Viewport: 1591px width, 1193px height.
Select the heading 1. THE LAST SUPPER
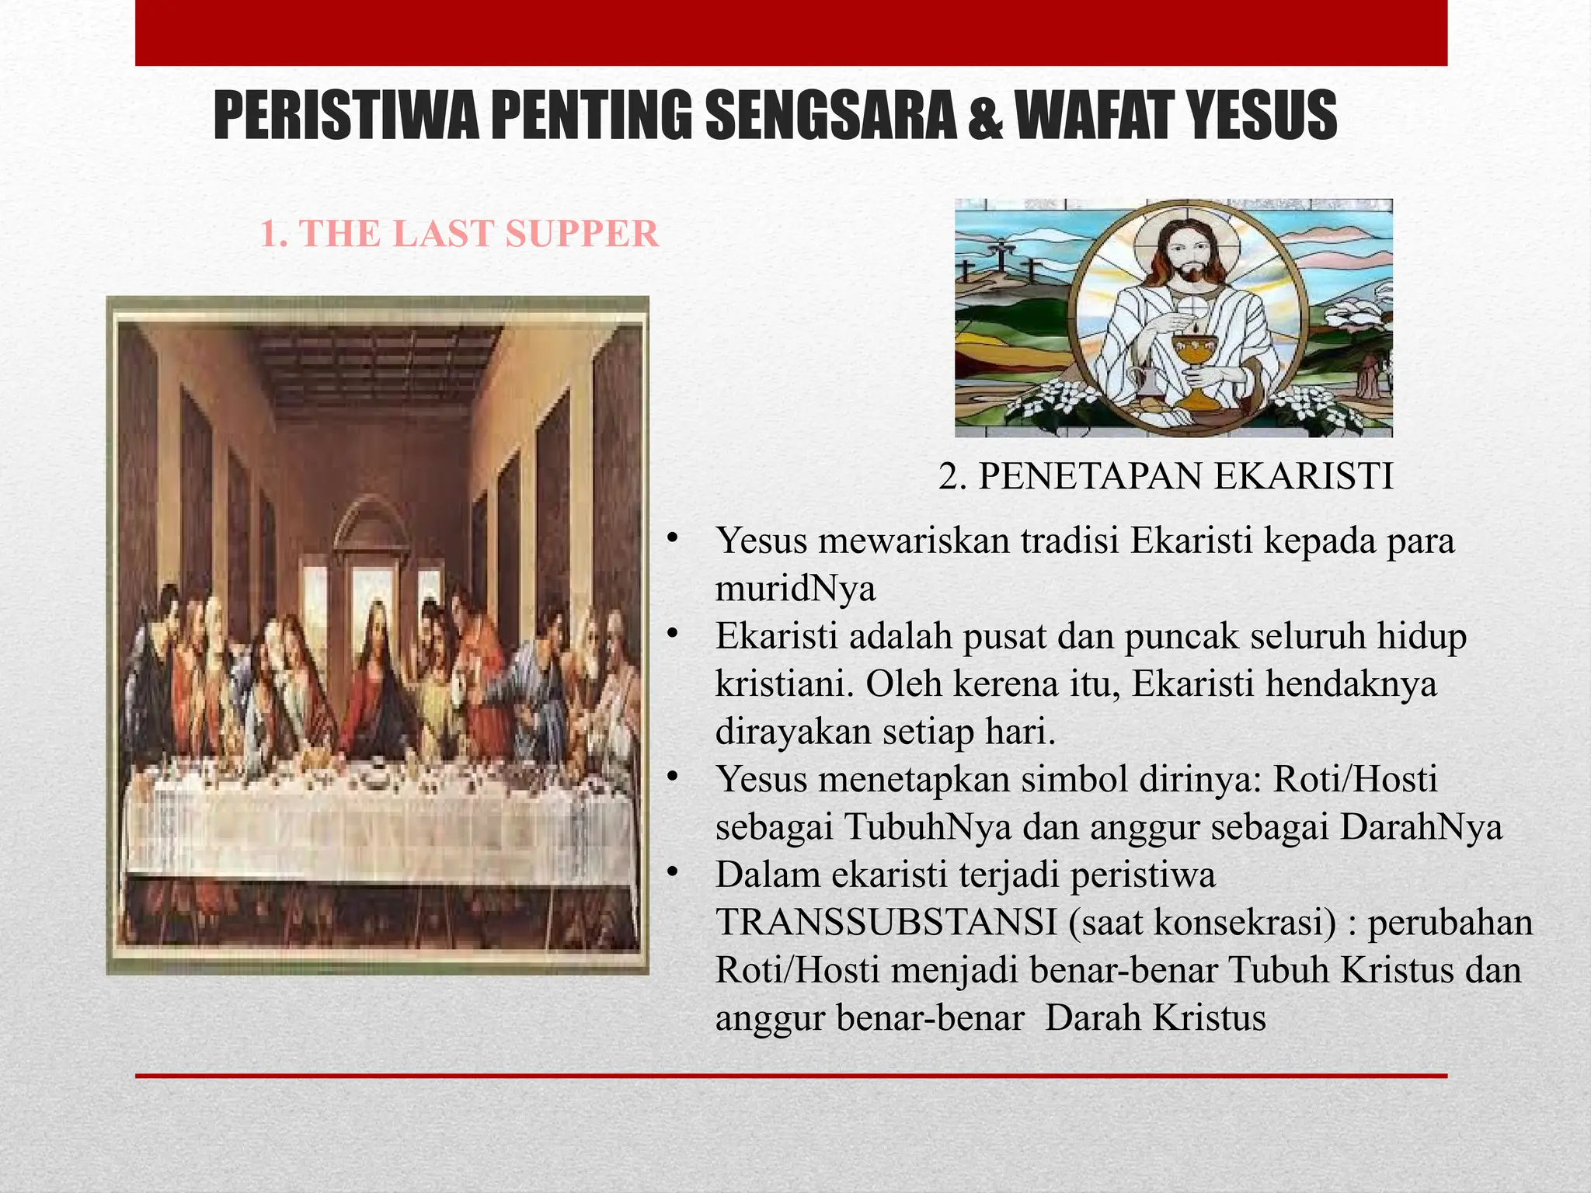click(x=459, y=234)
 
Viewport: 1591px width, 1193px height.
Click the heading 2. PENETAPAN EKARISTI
click(x=1165, y=476)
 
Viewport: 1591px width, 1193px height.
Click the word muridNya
click(x=795, y=589)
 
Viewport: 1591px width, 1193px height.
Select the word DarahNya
click(x=1421, y=827)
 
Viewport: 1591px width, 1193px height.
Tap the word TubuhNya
click(x=928, y=827)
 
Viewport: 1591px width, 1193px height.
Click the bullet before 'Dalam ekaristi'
click(x=673, y=874)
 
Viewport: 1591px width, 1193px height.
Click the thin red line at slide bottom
click(x=791, y=1076)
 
